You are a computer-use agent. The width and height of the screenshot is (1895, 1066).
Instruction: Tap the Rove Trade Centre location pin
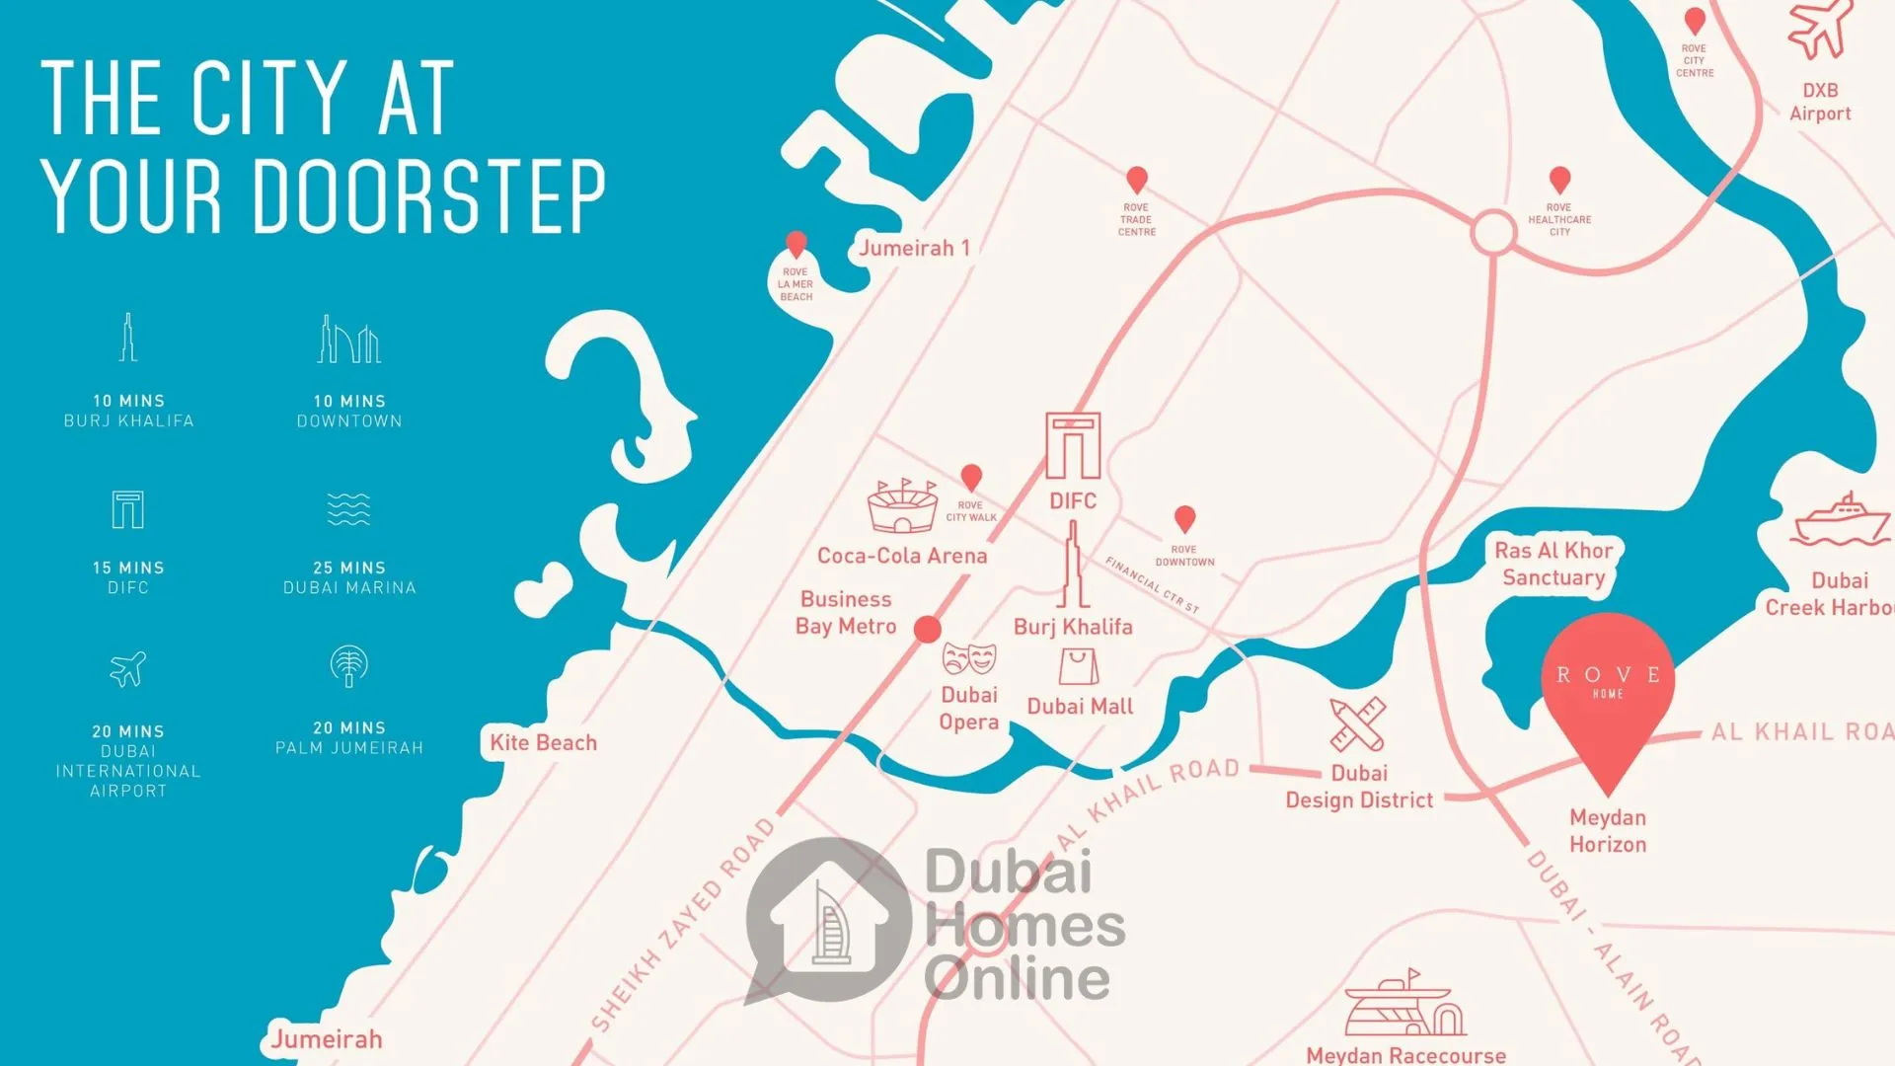(1137, 181)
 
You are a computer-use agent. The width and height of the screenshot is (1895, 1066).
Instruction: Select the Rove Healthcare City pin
(1559, 181)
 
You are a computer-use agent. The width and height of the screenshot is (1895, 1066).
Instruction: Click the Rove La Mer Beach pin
(796, 244)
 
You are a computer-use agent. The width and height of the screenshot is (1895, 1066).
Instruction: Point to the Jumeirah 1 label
(914, 248)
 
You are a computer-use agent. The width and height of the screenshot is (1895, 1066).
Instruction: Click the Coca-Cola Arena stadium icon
(902, 506)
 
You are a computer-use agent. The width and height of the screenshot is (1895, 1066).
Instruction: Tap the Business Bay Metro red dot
(927, 629)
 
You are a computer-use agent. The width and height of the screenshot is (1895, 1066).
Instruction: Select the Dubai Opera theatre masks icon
(968, 658)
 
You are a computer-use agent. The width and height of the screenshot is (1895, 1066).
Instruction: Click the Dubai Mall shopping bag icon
(1079, 667)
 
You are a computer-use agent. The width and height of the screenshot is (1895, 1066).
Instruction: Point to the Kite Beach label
(543, 742)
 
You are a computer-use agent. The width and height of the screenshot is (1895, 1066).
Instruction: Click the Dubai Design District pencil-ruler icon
(1357, 724)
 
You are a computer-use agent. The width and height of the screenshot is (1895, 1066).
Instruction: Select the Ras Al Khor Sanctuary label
(1554, 565)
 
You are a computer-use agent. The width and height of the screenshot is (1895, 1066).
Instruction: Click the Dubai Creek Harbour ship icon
(1840, 520)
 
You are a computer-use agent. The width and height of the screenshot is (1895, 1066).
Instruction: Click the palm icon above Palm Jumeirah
(348, 666)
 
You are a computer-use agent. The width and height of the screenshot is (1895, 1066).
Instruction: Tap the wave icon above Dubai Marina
(348, 509)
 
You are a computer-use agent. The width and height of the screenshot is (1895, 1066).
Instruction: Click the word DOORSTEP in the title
(429, 196)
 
